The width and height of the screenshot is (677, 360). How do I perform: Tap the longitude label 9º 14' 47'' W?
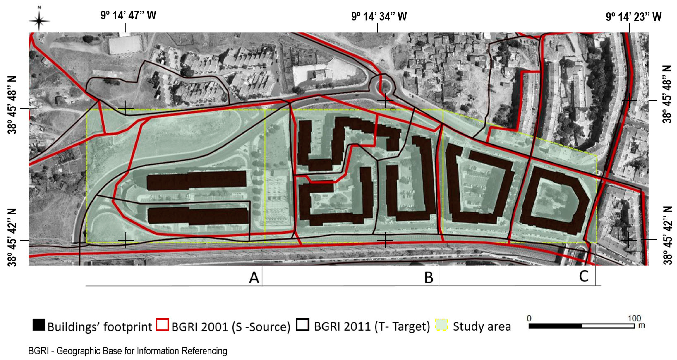click(x=128, y=15)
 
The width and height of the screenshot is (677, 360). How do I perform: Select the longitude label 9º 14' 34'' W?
click(x=379, y=17)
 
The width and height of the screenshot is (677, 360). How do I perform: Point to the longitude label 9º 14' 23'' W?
click(x=634, y=17)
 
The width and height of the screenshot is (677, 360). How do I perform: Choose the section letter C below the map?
click(x=584, y=276)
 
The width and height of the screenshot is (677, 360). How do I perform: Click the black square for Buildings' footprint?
click(x=39, y=325)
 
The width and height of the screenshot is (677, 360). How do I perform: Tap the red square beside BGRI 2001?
click(x=162, y=325)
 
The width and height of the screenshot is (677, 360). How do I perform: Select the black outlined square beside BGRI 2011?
click(x=302, y=325)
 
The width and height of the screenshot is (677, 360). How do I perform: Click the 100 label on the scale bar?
click(x=634, y=318)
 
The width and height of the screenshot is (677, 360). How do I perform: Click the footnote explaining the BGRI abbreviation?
click(x=128, y=351)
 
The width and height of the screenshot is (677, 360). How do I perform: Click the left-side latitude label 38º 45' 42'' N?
click(x=12, y=237)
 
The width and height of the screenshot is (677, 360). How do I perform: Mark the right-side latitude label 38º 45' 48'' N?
click(x=666, y=94)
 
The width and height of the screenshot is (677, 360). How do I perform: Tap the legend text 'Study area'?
click(x=482, y=326)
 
